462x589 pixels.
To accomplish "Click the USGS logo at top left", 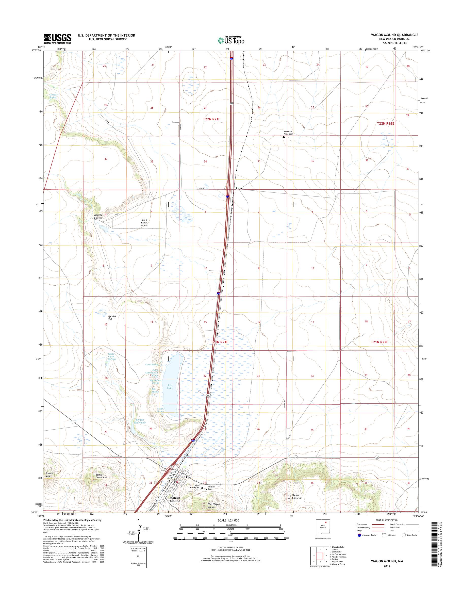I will click(x=58, y=39).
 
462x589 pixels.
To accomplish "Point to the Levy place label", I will click(x=239, y=189).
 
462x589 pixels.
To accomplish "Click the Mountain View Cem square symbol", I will click(x=284, y=137).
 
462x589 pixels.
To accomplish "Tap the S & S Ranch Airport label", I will click(x=144, y=223).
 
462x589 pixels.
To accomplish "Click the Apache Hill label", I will click(x=112, y=318).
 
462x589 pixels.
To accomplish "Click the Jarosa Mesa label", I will click(x=49, y=475).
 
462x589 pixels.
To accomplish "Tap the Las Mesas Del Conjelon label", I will click(x=295, y=497).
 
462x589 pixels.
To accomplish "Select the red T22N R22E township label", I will click(x=386, y=123).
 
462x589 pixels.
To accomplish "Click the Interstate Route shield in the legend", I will click(x=359, y=535).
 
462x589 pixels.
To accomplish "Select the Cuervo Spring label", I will click(x=53, y=96).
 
